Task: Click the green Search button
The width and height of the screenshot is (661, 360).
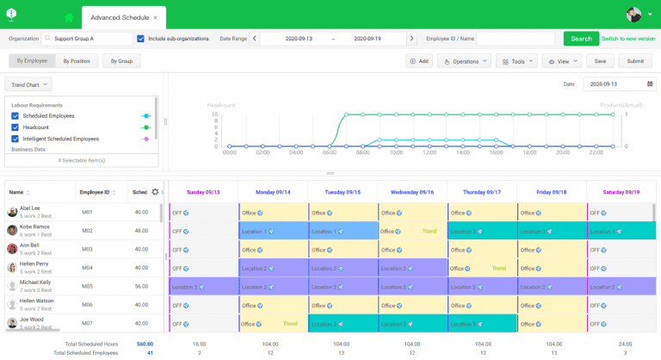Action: (x=581, y=39)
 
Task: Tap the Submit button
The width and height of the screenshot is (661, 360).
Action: (x=635, y=61)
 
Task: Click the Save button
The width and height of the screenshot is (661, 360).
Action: (x=600, y=61)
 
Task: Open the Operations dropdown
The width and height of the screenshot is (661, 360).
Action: (x=464, y=61)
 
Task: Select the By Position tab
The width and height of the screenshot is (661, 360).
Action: (x=76, y=61)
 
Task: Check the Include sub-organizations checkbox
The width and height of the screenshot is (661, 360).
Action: (x=141, y=39)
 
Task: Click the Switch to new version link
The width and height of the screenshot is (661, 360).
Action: (x=628, y=39)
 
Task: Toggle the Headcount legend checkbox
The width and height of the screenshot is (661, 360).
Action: (x=15, y=127)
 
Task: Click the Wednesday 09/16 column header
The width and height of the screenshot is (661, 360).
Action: (x=411, y=192)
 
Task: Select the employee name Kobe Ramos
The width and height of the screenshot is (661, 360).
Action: (x=34, y=227)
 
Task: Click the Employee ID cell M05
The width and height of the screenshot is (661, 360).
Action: (x=87, y=286)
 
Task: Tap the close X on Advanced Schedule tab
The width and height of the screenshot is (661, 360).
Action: (x=155, y=17)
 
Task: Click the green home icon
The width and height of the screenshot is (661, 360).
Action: (x=68, y=17)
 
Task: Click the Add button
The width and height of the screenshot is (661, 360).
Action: (x=419, y=61)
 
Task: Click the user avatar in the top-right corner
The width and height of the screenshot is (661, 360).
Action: (x=634, y=15)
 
